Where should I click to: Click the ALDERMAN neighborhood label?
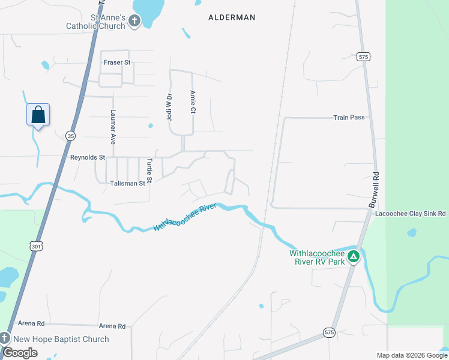(x=232, y=18)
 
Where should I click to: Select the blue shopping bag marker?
(x=38, y=114)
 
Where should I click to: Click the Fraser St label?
(x=117, y=62)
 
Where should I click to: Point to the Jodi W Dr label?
(x=169, y=105)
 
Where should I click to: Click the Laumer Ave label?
(x=112, y=127)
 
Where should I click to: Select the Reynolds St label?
(x=88, y=157)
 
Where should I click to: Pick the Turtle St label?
(x=150, y=170)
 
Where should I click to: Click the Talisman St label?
(x=127, y=183)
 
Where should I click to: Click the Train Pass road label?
(x=349, y=118)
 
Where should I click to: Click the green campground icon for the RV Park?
(x=354, y=257)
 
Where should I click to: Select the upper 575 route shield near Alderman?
(x=363, y=56)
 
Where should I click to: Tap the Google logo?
(x=20, y=353)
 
